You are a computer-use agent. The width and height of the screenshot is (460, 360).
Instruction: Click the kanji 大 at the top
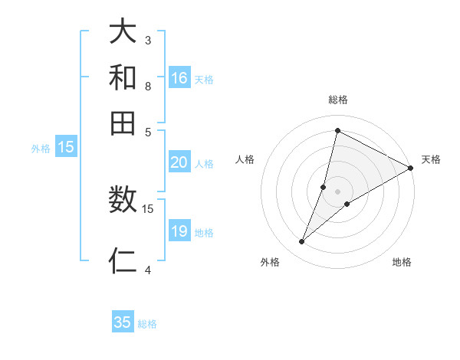[123, 33]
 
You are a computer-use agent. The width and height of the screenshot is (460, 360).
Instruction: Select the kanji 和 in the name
[123, 78]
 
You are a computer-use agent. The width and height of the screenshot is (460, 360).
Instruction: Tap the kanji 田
[123, 123]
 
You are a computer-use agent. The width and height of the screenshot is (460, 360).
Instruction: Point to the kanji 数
[123, 201]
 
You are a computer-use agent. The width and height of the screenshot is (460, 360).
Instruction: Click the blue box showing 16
[179, 78]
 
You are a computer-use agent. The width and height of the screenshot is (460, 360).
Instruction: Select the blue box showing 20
[179, 162]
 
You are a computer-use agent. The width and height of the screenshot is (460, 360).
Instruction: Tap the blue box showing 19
[179, 231]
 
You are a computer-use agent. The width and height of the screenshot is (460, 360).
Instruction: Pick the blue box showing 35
[123, 322]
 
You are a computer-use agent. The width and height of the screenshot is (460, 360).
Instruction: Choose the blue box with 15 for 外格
[66, 148]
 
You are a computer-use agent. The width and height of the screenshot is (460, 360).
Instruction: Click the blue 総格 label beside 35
[147, 324]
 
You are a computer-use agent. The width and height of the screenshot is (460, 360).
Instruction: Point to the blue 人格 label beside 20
[204, 163]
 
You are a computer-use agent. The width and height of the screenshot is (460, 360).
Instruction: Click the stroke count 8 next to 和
[148, 87]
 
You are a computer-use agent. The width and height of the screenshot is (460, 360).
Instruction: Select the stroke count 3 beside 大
[148, 40]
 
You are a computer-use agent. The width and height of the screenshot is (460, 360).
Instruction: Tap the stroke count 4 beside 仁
[148, 270]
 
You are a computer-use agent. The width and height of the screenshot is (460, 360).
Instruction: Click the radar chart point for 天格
[411, 169]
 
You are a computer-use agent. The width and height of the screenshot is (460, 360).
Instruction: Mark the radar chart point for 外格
[302, 242]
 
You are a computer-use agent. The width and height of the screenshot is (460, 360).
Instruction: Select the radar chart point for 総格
[337, 130]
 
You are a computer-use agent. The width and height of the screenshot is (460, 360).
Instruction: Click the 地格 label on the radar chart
[402, 263]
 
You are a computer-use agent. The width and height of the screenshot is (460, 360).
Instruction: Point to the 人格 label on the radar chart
[245, 159]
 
